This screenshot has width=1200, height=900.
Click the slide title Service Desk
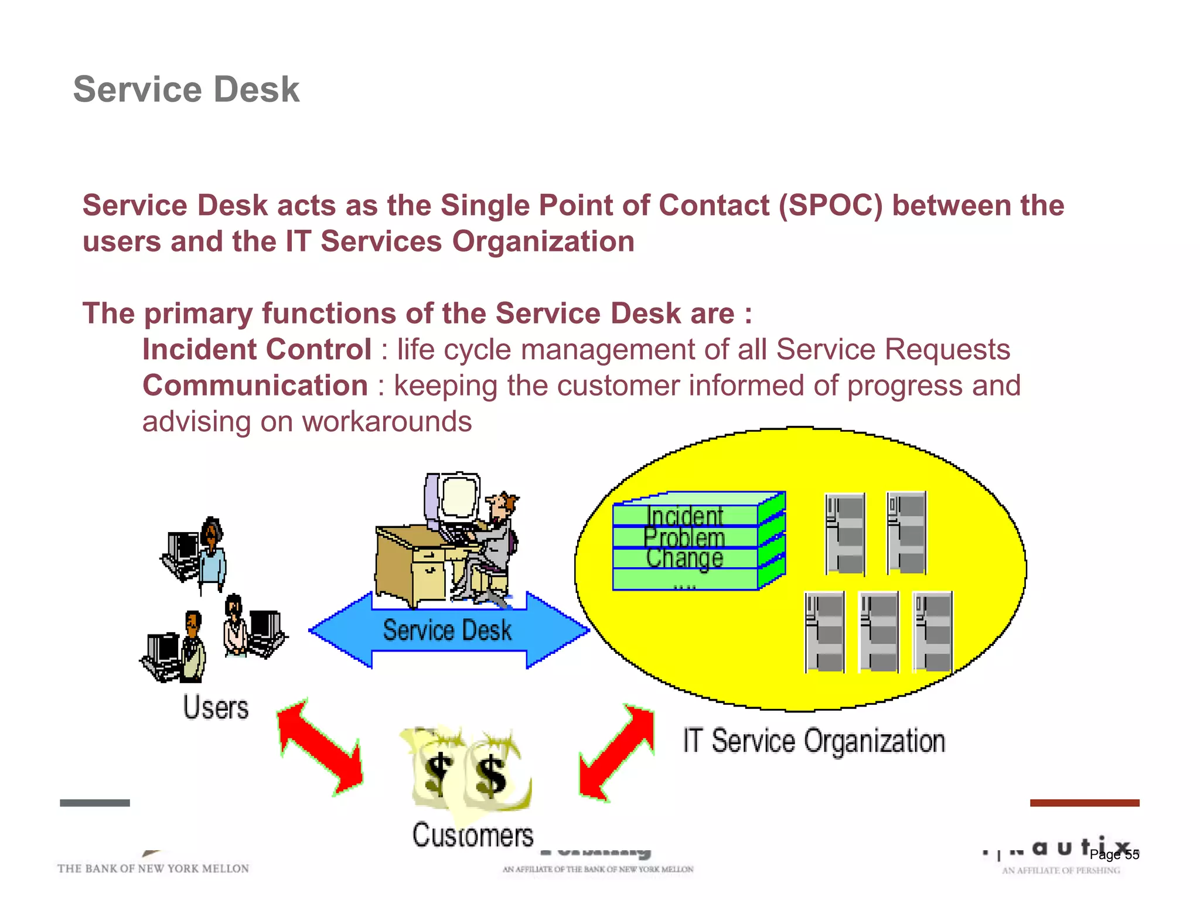[x=186, y=90]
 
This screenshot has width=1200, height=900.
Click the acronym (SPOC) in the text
[x=830, y=206]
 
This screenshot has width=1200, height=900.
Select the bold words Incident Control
[x=257, y=350]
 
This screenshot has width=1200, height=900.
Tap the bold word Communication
[x=255, y=386]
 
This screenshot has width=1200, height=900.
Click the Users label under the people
[x=216, y=707]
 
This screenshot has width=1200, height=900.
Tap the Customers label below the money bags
[x=472, y=835]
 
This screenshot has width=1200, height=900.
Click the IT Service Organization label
[x=814, y=741]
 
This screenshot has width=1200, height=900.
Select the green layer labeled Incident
[x=686, y=516]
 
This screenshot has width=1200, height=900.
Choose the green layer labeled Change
[x=686, y=558]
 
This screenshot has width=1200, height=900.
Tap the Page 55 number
[x=1114, y=854]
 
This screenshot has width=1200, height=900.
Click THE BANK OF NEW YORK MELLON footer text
[x=153, y=868]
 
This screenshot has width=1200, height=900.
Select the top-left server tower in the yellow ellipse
[x=845, y=533]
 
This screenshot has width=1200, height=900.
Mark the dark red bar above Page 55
[x=1084, y=803]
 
